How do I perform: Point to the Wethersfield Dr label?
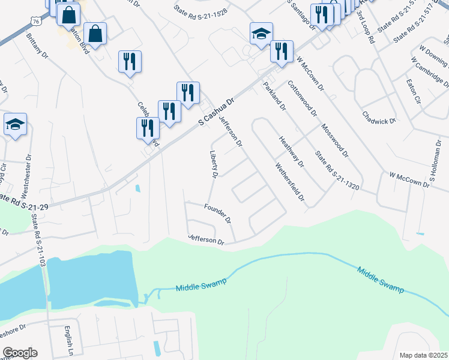[291, 182]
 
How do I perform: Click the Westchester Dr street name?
[26, 179]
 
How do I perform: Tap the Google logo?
[20, 352]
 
